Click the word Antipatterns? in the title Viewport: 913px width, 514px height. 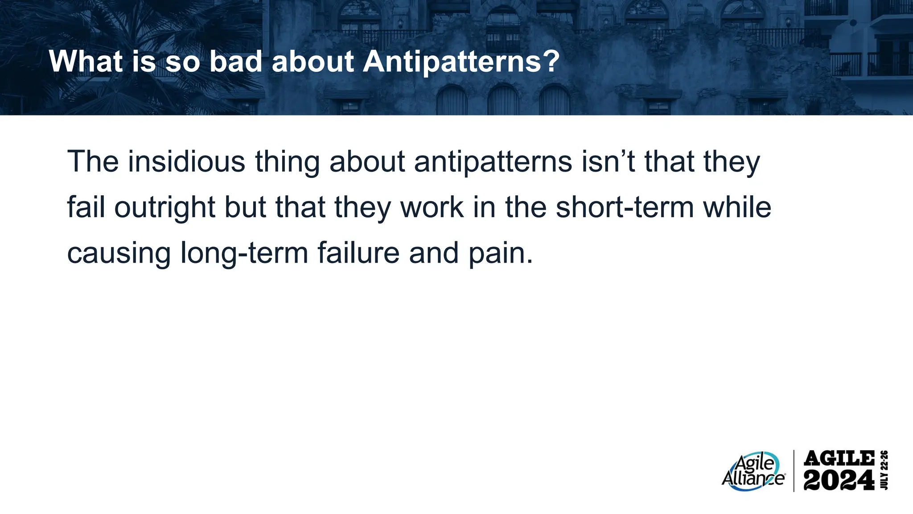pyautogui.click(x=461, y=62)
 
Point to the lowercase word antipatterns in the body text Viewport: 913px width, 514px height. pyautogui.click(x=493, y=162)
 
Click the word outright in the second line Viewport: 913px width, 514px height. pyautogui.click(x=165, y=208)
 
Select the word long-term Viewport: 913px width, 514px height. pyautogui.click(x=244, y=253)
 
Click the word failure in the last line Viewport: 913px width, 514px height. pyautogui.click(x=358, y=252)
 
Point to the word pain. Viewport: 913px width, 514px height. pyautogui.click(x=500, y=253)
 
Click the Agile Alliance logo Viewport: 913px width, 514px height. pyautogui.click(x=753, y=472)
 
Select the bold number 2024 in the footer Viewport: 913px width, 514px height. pyautogui.click(x=839, y=481)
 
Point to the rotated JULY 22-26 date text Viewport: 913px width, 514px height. pyautogui.click(x=885, y=470)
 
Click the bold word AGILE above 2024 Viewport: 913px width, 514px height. pyautogui.click(x=839, y=458)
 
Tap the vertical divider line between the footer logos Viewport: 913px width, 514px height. pyautogui.click(x=794, y=471)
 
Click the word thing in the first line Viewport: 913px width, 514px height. pyautogui.click(x=287, y=162)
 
